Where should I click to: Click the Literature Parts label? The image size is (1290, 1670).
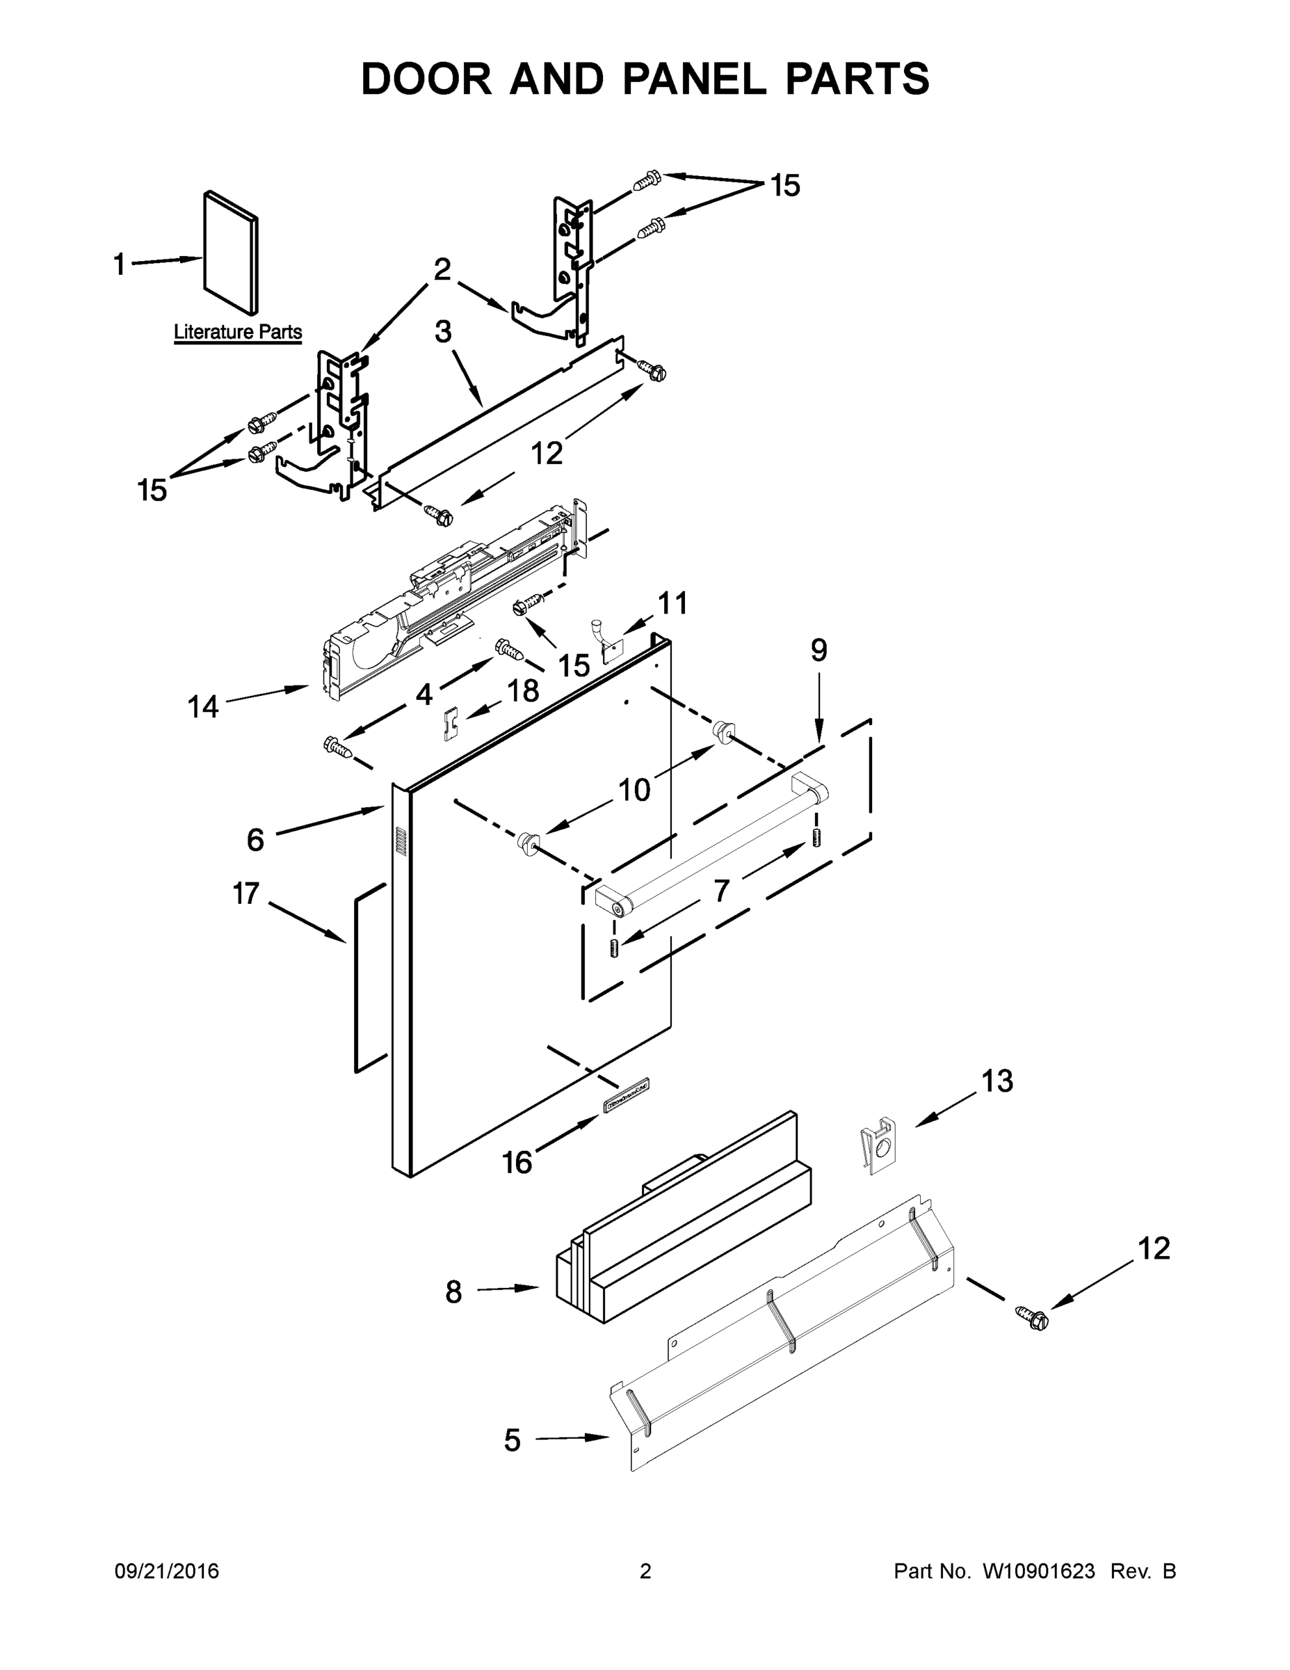[x=238, y=332]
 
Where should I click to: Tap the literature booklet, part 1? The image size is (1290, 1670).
[x=231, y=253]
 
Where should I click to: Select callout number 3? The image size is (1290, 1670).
[x=443, y=332]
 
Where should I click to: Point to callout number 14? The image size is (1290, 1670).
[x=203, y=707]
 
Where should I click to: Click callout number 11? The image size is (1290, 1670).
[x=672, y=603]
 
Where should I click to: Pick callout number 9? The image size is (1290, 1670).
[x=819, y=651]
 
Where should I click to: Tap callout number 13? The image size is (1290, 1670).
[x=997, y=1081]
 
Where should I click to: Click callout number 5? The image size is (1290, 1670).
[x=512, y=1440]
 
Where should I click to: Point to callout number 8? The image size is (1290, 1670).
[x=453, y=1292]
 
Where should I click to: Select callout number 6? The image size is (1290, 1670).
[x=255, y=840]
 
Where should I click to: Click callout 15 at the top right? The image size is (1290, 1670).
[x=785, y=185]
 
